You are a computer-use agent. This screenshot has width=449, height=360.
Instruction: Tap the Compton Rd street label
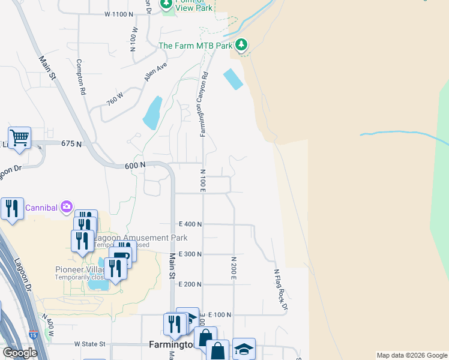tap(80, 77)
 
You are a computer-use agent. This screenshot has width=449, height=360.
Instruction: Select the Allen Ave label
tap(155, 72)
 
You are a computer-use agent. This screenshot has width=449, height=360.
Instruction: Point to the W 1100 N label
tap(118, 13)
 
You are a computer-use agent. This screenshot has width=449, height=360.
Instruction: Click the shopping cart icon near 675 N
tap(19, 137)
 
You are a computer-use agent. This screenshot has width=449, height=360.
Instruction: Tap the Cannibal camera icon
tap(66, 208)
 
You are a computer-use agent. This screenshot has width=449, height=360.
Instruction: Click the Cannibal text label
tap(41, 208)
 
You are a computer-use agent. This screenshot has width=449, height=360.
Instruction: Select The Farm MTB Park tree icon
tap(241, 45)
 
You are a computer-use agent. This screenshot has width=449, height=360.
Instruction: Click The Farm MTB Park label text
tap(195, 46)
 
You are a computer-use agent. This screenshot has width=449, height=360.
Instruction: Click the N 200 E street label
tap(234, 268)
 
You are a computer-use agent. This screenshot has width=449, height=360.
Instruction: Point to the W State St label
tap(90, 344)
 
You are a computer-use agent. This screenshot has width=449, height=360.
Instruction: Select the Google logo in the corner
tap(20, 353)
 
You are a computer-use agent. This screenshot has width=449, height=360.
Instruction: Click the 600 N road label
tap(135, 165)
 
